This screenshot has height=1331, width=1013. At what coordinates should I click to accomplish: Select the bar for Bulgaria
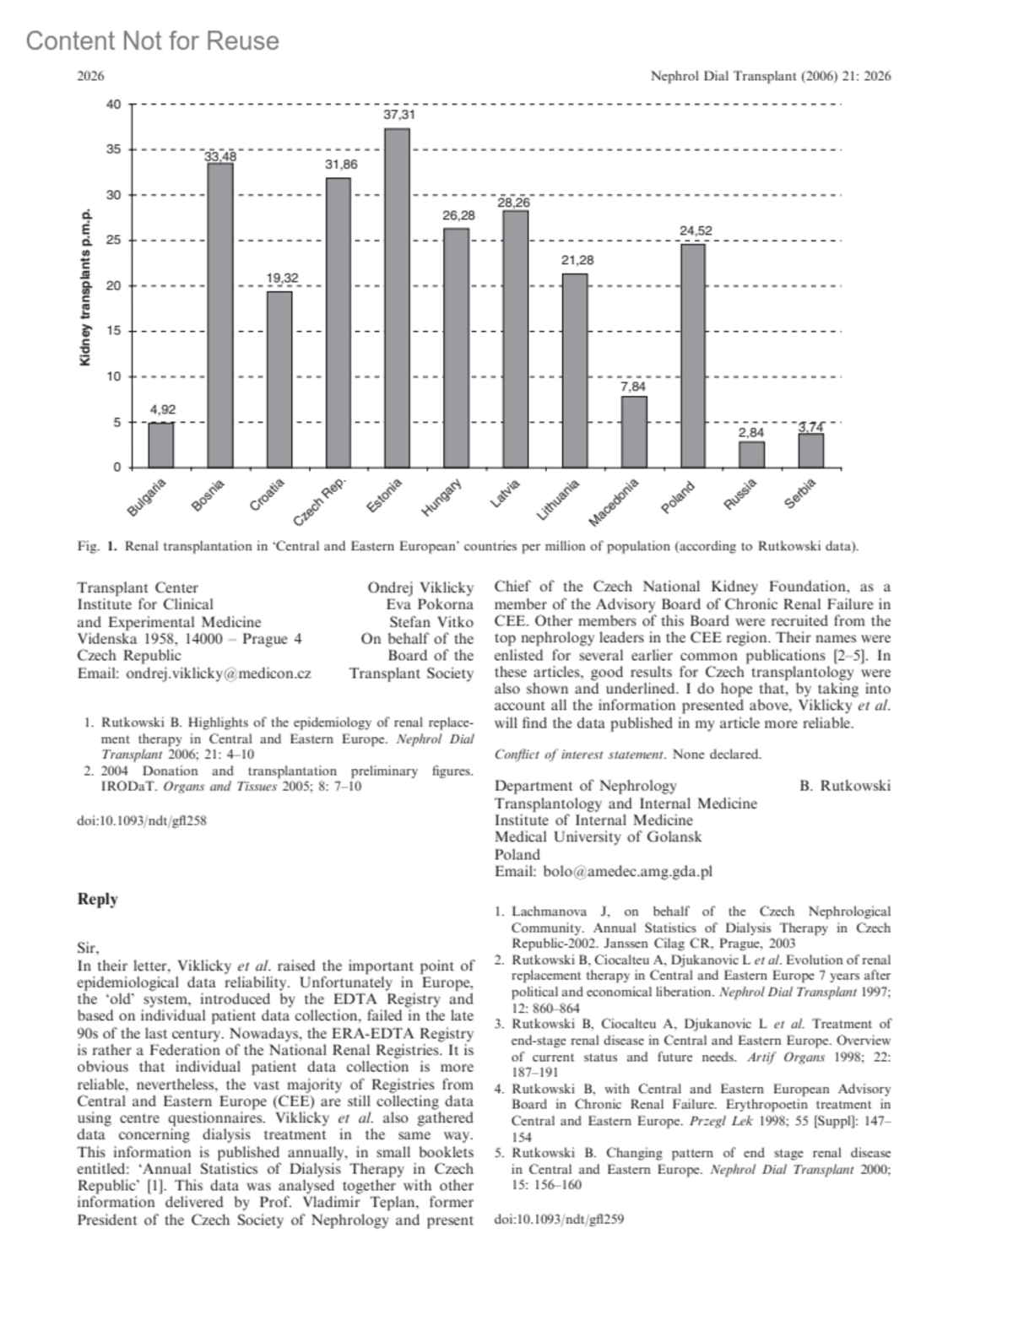click(x=161, y=445)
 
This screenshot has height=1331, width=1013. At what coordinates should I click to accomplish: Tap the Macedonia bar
click(x=633, y=432)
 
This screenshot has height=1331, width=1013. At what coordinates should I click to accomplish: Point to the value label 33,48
click(x=220, y=156)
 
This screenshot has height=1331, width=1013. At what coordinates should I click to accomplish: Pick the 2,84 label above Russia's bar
click(x=751, y=432)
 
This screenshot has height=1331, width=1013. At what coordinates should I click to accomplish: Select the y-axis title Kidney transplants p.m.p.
click(x=84, y=288)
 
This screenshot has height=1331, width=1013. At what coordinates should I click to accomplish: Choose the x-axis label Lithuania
click(x=559, y=499)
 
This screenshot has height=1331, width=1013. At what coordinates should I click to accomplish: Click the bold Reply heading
click(x=97, y=899)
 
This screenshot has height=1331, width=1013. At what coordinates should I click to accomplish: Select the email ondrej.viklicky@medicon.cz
click(x=194, y=673)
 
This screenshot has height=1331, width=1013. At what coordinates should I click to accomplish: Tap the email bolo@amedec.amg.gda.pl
click(x=604, y=871)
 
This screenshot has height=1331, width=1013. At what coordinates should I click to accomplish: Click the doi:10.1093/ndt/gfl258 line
click(x=142, y=820)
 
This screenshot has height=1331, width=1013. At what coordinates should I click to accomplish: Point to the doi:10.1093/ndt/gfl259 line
click(x=559, y=1219)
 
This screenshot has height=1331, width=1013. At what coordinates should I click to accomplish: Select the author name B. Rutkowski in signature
click(x=844, y=786)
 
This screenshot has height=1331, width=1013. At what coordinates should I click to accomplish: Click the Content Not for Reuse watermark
click(x=153, y=41)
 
